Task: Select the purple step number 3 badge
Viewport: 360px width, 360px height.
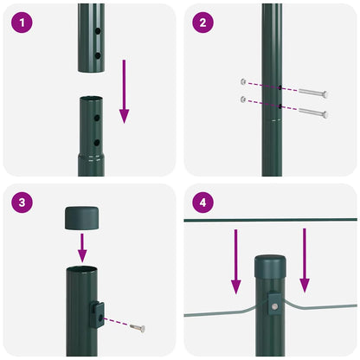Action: (x=21, y=203)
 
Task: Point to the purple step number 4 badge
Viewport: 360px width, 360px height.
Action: (x=202, y=203)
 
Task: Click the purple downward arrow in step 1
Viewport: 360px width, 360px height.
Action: (x=124, y=92)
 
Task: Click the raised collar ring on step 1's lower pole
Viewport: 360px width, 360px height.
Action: (x=91, y=157)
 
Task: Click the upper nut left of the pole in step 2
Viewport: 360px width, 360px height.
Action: (x=245, y=83)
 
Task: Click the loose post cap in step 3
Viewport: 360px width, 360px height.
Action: (x=81, y=217)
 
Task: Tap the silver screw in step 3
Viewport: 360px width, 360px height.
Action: (x=138, y=326)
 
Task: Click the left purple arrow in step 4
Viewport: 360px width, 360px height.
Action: (x=235, y=260)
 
